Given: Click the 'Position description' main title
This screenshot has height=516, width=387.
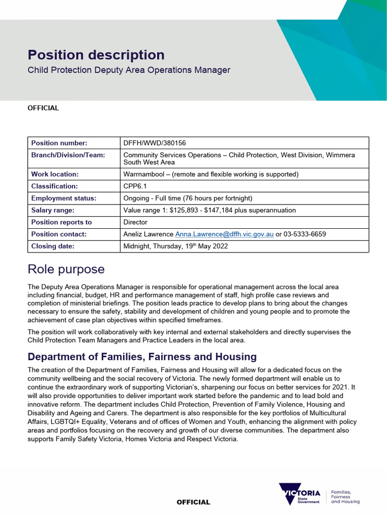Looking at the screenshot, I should (x=96, y=55).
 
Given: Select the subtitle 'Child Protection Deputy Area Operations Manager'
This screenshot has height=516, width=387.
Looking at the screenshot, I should (x=128, y=70).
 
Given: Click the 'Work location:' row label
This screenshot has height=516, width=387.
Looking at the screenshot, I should (x=55, y=174).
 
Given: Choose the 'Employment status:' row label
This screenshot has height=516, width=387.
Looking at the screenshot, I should (x=63, y=198).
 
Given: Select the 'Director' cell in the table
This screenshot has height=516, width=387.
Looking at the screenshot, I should (x=136, y=222).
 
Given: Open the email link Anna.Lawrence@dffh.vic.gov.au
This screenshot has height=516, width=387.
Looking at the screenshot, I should (x=224, y=234).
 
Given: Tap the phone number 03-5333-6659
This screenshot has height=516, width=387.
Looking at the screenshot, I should (x=304, y=234).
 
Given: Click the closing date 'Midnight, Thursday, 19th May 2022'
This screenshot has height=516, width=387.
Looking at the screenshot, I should (x=175, y=246).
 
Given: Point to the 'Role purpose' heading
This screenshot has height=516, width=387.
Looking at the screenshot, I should (x=66, y=270).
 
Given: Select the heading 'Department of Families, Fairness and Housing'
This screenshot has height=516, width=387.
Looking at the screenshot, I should (x=142, y=357).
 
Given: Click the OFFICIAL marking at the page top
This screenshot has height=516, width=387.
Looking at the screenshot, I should (x=43, y=108).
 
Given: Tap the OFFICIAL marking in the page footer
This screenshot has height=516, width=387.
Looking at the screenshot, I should (x=193, y=502).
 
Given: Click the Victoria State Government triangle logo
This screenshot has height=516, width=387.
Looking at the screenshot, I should (x=300, y=494).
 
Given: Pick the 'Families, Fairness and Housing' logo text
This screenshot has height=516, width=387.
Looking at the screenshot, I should (x=345, y=497).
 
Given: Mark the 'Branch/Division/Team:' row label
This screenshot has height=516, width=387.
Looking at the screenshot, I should (x=68, y=155).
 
